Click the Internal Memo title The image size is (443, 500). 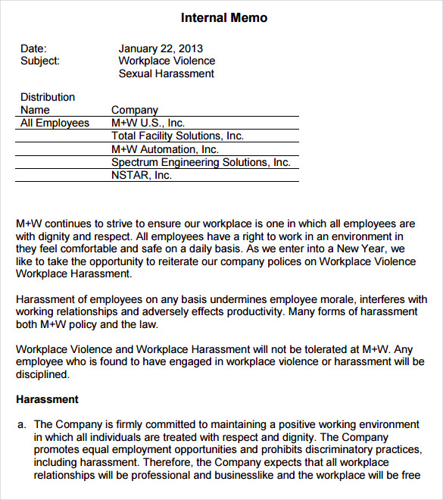pyautogui.click(x=224, y=18)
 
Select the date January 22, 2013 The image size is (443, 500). pyautogui.click(x=161, y=48)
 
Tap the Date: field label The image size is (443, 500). pyautogui.click(x=33, y=48)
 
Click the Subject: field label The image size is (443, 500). pyautogui.click(x=40, y=61)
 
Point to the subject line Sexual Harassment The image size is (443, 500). pyautogui.click(x=167, y=73)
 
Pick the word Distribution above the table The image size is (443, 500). pyautogui.click(x=48, y=97)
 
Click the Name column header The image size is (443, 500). pyautogui.click(x=35, y=110)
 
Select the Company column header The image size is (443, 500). pyautogui.click(x=135, y=110)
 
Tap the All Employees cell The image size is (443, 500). pyautogui.click(x=55, y=123)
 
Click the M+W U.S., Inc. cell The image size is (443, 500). pyautogui.click(x=148, y=123)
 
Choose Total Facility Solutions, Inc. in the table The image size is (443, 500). pyautogui.click(x=177, y=136)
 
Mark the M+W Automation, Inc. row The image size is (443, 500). pyautogui.click(x=165, y=149)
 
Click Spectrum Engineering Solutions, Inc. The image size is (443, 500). pyautogui.click(x=201, y=162)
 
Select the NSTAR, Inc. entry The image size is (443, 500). pyautogui.click(x=142, y=175)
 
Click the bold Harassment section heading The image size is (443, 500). pyautogui.click(x=47, y=399)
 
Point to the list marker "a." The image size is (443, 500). pyautogui.click(x=22, y=425)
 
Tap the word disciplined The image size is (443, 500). pyautogui.click(x=42, y=373)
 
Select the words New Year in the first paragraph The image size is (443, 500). pyautogui.click(x=364, y=248)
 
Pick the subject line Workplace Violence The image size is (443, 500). pyautogui.click(x=167, y=61)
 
